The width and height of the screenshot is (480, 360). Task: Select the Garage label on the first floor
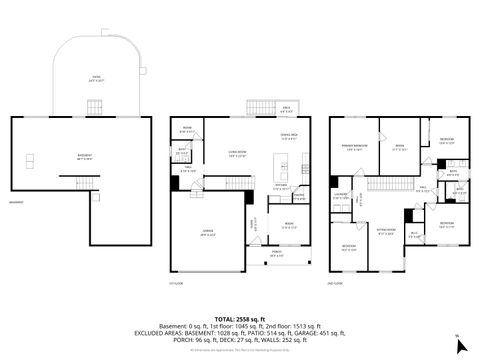[x=208, y=232]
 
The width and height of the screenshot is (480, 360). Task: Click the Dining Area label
[x=289, y=137]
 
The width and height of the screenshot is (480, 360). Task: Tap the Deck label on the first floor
[x=287, y=109]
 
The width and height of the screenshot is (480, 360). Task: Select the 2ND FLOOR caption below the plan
[x=339, y=282]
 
